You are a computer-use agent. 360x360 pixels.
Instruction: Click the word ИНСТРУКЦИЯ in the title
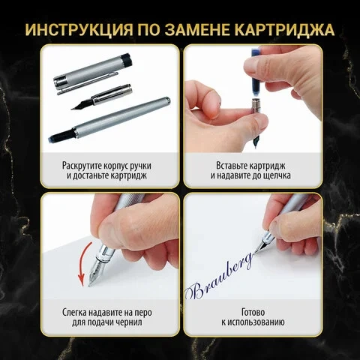[79, 30]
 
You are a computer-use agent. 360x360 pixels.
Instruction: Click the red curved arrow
[84, 264]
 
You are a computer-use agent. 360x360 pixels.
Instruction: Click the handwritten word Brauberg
[218, 277]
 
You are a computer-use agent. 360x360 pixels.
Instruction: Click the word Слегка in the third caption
[74, 313]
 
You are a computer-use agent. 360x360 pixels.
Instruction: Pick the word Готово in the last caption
[253, 313]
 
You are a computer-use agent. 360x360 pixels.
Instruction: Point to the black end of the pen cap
[126, 60]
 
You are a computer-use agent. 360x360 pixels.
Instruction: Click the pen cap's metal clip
[88, 84]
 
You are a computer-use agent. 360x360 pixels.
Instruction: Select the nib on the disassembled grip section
[82, 104]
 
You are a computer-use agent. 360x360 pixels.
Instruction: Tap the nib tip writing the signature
[255, 253]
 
